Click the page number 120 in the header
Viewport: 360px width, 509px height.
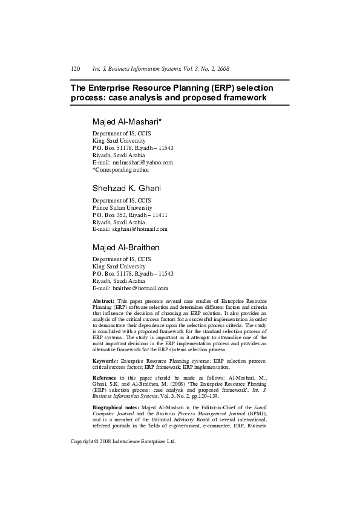click(76, 69)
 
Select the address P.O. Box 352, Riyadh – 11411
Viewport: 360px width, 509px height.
click(129, 215)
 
